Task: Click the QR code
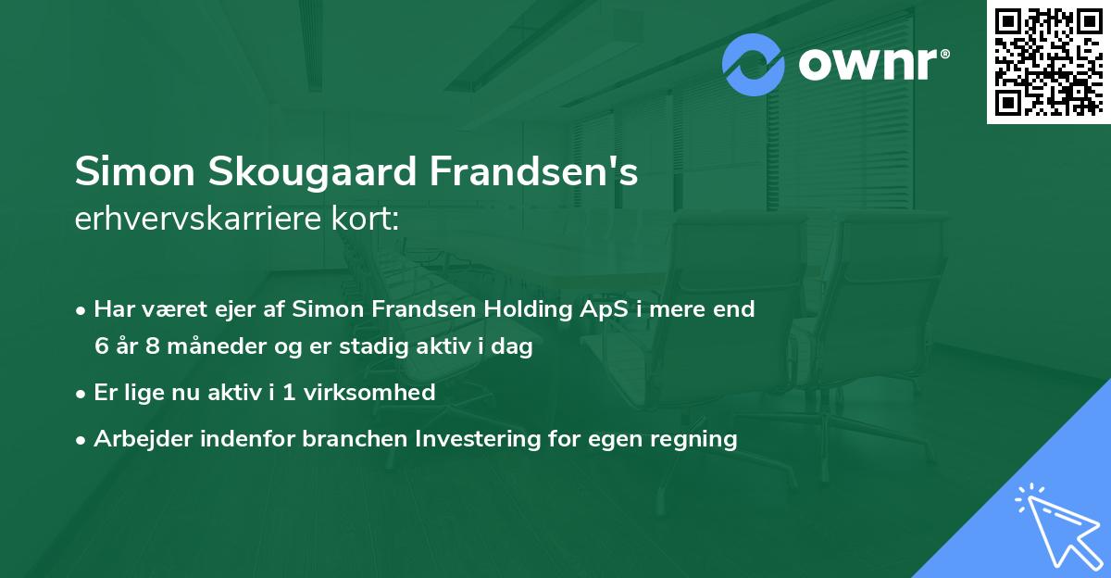click(1047, 61)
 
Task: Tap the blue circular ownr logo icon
click(754, 65)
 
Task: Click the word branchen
click(348, 438)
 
